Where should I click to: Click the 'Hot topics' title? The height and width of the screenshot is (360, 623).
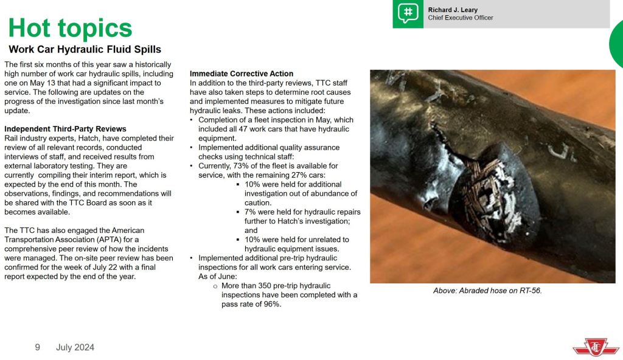[70, 28]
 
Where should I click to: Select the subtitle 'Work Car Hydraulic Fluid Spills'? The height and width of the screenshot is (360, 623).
[85, 49]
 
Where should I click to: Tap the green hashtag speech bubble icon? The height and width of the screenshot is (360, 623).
[408, 14]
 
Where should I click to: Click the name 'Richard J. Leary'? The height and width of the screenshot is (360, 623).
[453, 10]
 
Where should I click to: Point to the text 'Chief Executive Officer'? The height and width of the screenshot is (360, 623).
[461, 18]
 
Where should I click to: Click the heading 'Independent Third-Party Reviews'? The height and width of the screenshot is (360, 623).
[65, 129]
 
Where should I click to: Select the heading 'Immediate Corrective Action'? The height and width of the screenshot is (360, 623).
[242, 74]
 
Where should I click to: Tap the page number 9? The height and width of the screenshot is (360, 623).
[38, 347]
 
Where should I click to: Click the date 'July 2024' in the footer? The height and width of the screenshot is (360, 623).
[75, 347]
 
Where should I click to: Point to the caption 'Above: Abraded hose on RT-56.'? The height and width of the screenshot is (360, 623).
[487, 291]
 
